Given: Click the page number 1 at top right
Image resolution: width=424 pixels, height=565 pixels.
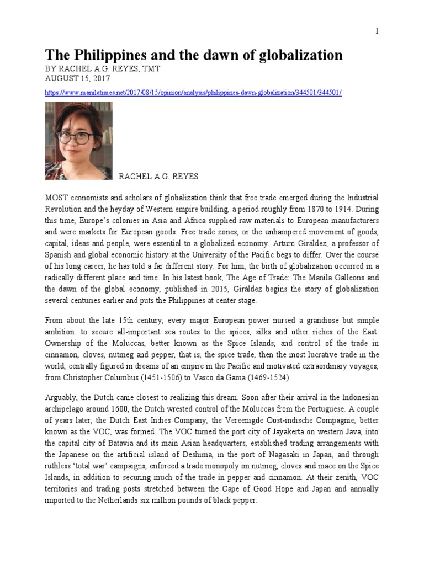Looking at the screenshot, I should click(377, 31).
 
